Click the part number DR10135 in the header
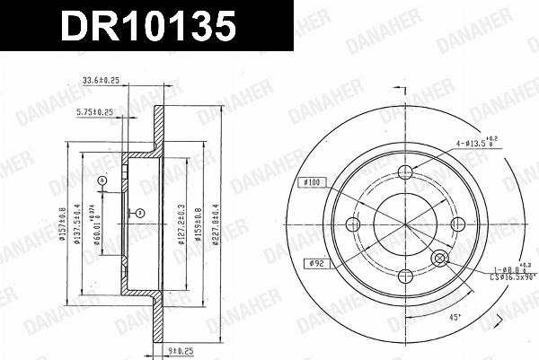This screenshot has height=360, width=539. point(148,26)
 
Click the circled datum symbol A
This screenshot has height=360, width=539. point(102,181)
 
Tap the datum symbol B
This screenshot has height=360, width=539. point(139,212)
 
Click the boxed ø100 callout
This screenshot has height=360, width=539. point(311,182)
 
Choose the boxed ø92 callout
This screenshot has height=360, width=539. point(311,263)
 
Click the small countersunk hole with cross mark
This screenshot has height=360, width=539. point(440,259)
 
